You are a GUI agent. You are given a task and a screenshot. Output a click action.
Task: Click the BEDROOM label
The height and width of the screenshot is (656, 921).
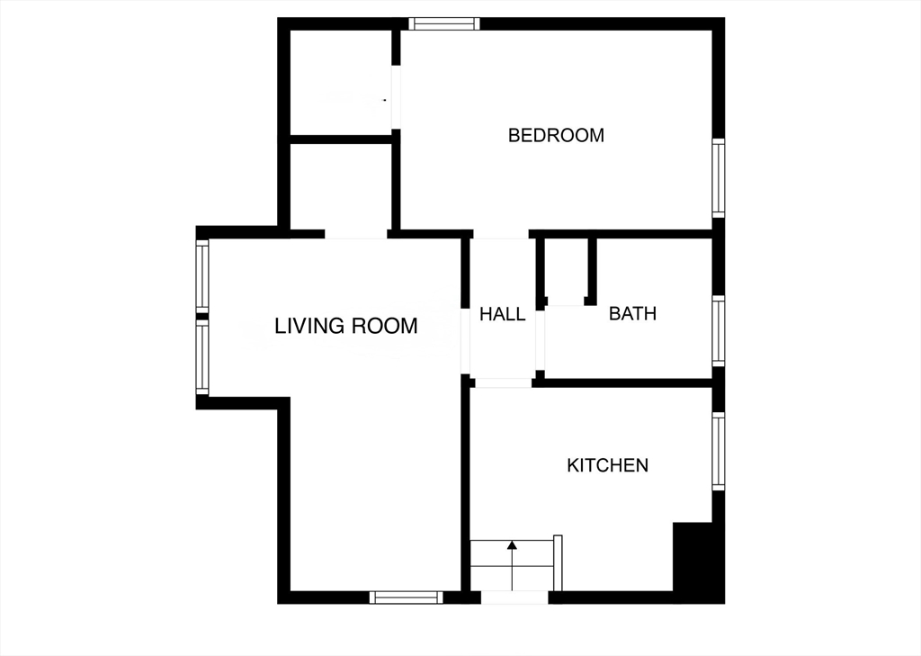click(x=556, y=135)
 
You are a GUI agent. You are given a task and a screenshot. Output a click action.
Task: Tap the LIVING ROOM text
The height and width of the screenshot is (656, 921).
click(x=346, y=325)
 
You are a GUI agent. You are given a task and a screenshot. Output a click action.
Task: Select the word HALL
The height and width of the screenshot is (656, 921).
click(x=502, y=314)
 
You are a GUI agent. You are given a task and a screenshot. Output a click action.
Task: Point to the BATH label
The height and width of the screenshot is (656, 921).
click(x=632, y=313)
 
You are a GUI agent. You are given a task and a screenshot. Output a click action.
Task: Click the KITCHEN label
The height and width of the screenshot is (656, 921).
click(x=607, y=465)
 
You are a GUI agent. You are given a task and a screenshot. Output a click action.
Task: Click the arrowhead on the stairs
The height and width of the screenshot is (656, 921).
click(x=512, y=545)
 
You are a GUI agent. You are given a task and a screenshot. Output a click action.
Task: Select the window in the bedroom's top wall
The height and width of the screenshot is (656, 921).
click(x=444, y=23)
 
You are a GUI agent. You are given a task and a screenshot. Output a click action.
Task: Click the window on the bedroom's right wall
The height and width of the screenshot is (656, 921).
click(x=719, y=177)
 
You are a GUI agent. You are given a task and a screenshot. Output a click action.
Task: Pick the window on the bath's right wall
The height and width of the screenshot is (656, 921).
click(x=719, y=331)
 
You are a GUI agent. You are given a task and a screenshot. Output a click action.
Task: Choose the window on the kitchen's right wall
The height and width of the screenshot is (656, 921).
click(x=719, y=451)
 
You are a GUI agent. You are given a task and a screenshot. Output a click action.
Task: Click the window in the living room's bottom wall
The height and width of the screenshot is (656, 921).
click(x=407, y=598)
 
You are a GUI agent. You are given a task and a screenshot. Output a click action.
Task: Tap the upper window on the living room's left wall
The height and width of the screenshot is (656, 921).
click(x=202, y=275)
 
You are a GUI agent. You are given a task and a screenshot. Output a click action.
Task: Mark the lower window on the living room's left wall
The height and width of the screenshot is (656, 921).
click(x=202, y=357)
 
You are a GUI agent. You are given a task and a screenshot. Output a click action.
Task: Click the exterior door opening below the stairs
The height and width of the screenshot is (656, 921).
click(x=514, y=598)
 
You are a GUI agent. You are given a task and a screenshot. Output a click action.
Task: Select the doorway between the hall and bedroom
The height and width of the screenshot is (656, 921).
click(x=501, y=234)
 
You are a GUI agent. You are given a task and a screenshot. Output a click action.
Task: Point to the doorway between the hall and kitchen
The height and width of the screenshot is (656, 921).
click(x=503, y=382)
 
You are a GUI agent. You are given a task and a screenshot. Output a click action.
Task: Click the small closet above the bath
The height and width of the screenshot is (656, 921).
click(x=567, y=271)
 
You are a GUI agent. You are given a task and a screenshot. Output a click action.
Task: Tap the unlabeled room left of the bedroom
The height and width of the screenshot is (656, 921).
click(x=341, y=82)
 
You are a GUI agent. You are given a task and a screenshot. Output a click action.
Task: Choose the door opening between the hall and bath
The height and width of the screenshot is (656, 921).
click(x=541, y=340)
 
